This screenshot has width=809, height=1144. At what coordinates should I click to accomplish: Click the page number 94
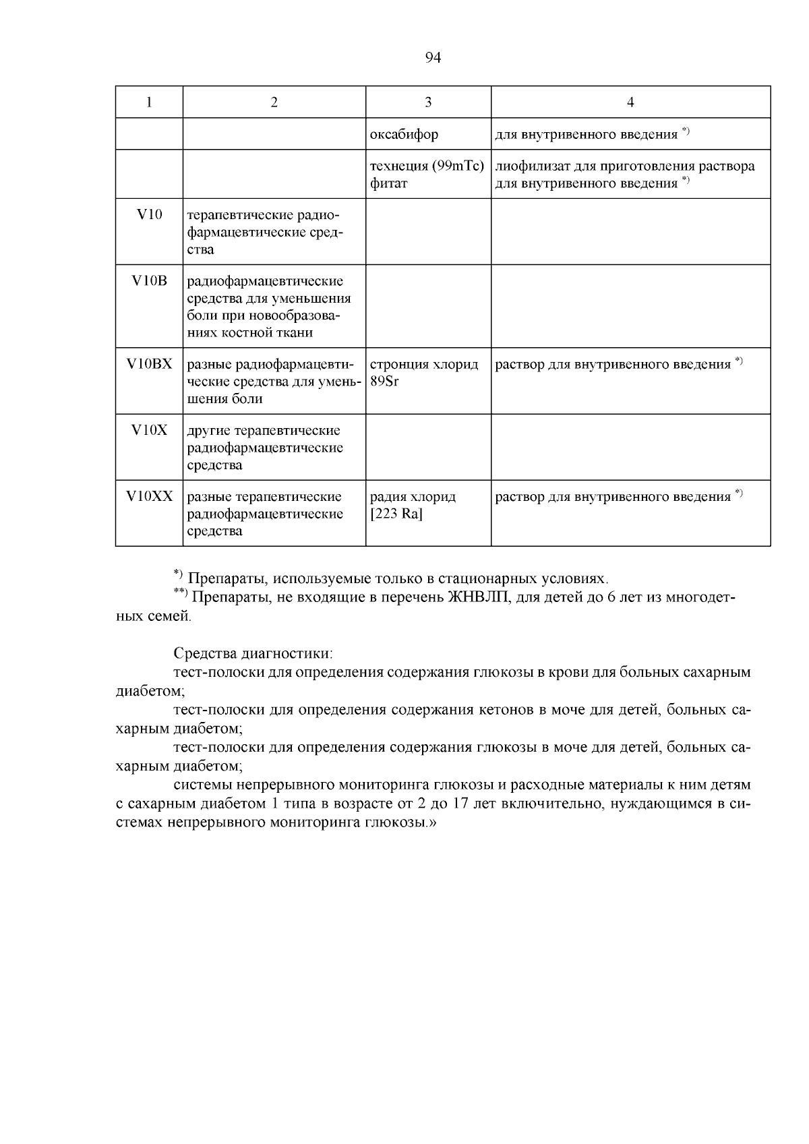(x=433, y=58)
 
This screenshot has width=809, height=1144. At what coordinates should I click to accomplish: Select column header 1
(x=149, y=102)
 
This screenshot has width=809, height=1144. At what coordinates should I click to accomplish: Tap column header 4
(x=630, y=102)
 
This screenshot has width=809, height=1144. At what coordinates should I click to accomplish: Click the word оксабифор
(x=404, y=134)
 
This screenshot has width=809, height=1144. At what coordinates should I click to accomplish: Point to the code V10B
(x=149, y=281)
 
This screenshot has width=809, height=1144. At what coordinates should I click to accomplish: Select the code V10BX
(x=149, y=364)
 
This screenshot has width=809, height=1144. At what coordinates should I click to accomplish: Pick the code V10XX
(x=149, y=497)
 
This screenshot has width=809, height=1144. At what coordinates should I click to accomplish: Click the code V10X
(x=149, y=430)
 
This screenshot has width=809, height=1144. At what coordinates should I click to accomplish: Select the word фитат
(x=388, y=183)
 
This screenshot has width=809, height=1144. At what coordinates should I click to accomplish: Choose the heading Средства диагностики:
(x=253, y=653)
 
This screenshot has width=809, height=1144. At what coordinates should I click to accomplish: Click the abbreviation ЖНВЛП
(x=479, y=598)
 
